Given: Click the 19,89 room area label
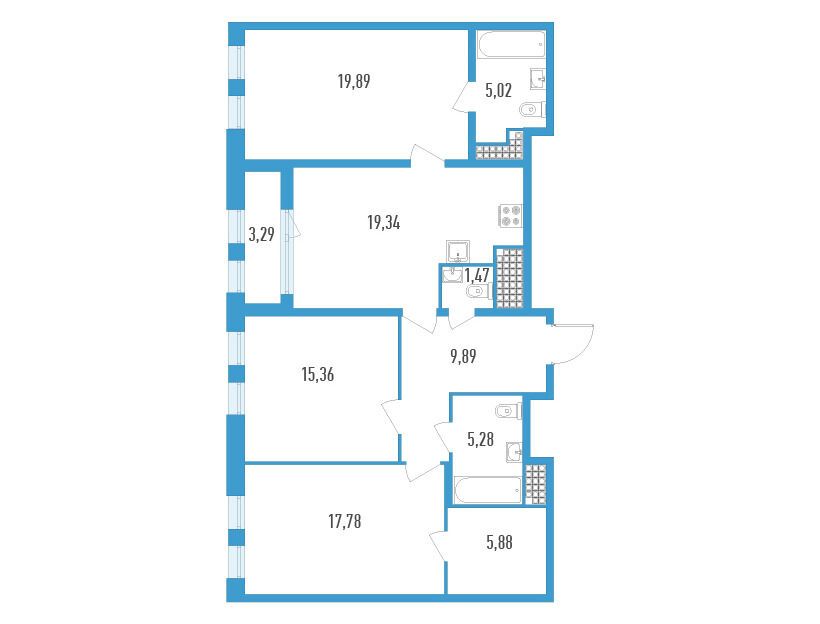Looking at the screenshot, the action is (x=354, y=82).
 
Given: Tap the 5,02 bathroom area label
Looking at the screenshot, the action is (x=498, y=91).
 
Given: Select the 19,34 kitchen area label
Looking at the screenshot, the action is (x=384, y=223).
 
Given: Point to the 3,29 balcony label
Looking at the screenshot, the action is (x=261, y=234).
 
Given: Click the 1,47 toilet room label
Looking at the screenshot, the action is (x=476, y=275).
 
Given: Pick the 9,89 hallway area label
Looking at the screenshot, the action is (x=463, y=357).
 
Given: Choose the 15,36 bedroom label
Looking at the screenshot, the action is (x=318, y=375).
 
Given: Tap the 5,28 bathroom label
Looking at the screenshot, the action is (x=480, y=439).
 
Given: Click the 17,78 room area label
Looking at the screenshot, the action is (x=345, y=522).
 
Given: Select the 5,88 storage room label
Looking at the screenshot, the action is (x=499, y=543).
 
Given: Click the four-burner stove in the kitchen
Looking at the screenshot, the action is (x=511, y=215).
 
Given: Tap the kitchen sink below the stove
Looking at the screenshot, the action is (x=458, y=251).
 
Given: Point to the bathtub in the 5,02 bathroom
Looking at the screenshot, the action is (x=512, y=45).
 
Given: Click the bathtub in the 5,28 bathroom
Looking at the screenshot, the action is (x=488, y=491).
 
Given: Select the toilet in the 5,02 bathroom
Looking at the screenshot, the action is (x=532, y=110).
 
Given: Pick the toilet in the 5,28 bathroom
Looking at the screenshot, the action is (x=509, y=412).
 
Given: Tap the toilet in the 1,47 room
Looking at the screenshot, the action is (x=479, y=292).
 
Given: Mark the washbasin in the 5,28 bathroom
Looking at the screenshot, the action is (x=514, y=452).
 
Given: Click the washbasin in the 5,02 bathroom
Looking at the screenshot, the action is (x=538, y=80).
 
